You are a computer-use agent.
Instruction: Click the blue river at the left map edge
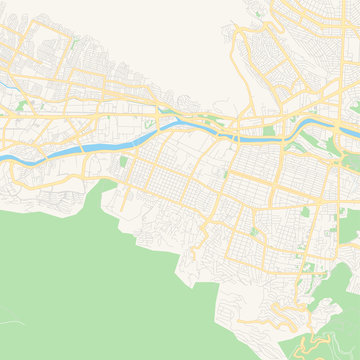click(3, 158)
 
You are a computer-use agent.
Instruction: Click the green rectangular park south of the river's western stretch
click(124, 161)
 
